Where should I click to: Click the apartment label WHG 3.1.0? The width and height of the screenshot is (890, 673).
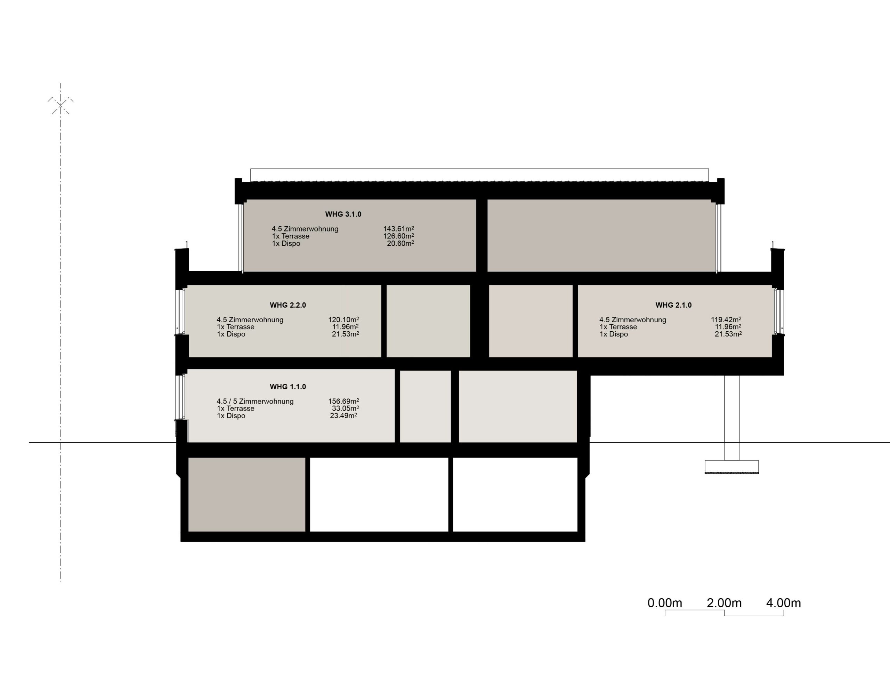(343, 214)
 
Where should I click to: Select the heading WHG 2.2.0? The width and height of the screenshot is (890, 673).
(288, 305)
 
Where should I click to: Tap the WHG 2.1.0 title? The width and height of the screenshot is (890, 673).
(673, 305)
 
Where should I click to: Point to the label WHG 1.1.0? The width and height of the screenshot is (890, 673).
(288, 387)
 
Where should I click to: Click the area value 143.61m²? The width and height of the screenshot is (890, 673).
(398, 229)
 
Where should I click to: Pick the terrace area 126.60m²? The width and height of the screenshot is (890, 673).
(398, 236)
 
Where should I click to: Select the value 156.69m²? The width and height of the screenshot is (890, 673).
(343, 401)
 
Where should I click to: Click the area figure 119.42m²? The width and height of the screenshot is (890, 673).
(726, 320)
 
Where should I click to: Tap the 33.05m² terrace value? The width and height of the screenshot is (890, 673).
(345, 408)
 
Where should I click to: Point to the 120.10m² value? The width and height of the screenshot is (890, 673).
(343, 320)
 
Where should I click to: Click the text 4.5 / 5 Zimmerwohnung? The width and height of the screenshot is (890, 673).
(255, 402)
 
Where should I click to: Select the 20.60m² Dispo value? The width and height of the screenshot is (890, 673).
(400, 243)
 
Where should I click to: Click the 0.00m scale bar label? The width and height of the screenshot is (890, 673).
(665, 603)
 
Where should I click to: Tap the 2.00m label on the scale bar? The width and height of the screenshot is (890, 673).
(724, 603)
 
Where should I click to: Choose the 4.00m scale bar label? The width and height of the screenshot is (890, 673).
(783, 603)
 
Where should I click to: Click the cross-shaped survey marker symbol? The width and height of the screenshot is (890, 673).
(60, 105)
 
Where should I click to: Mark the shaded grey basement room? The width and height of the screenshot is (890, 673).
(246, 494)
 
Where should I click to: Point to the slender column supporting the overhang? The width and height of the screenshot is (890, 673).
(731, 417)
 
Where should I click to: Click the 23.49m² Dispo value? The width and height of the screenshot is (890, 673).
(343, 415)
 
